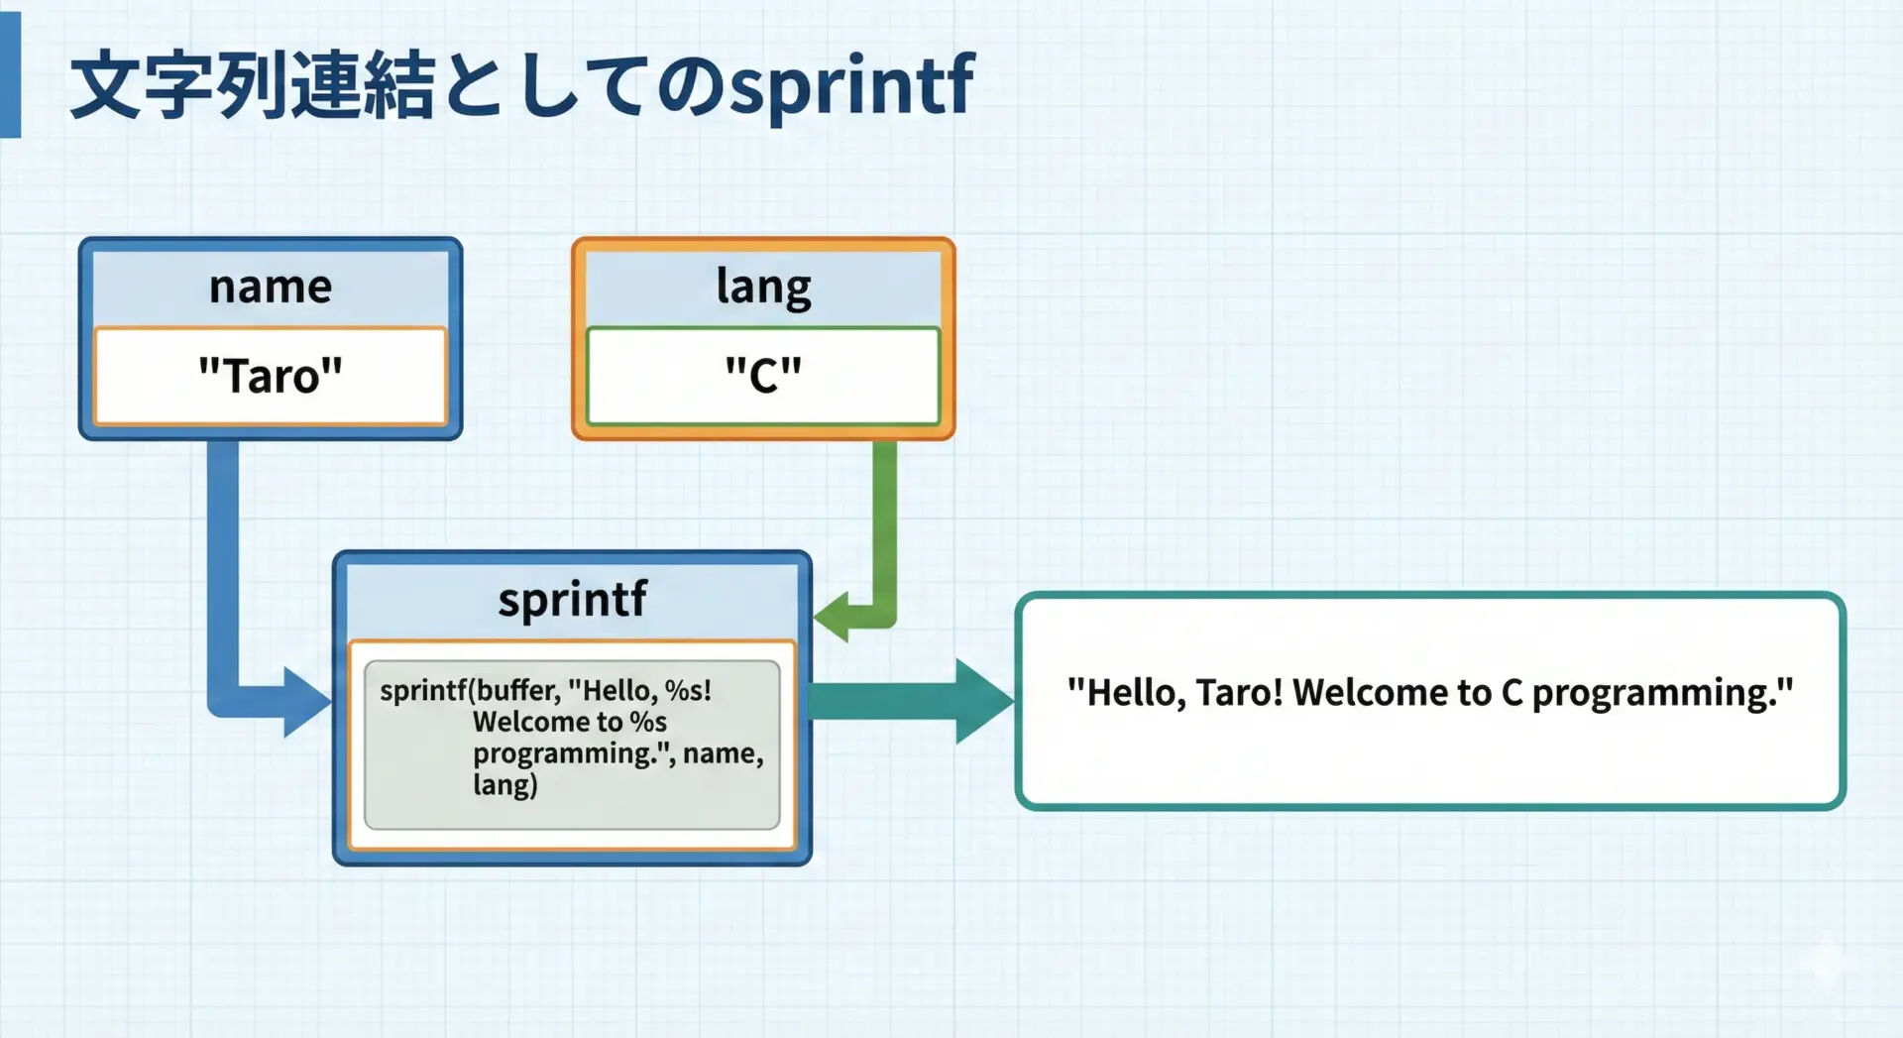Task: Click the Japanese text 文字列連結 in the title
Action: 253,87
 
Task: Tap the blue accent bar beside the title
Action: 10,75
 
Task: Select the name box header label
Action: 271,288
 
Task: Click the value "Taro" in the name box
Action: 271,377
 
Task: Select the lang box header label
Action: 763,288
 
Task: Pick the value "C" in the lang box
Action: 763,377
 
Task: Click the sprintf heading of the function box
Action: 572,600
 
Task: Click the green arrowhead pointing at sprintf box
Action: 833,615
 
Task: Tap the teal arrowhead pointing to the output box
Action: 983,701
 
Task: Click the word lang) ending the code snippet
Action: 504,785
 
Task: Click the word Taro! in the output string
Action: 1238,693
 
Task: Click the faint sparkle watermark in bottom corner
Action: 1829,962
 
